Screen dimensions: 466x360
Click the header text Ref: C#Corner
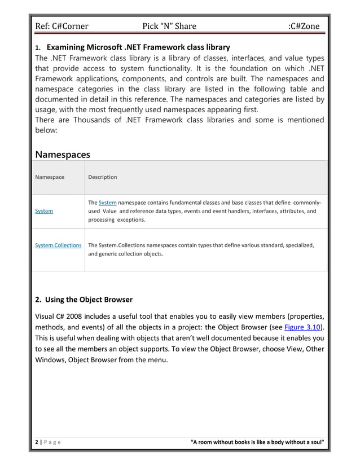pos(62,27)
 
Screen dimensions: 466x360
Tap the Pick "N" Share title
pos(169,27)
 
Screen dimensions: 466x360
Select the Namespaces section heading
pos(63,154)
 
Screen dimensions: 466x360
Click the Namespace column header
pos(50,177)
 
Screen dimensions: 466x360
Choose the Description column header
pos(103,177)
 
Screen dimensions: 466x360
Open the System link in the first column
pos(44,211)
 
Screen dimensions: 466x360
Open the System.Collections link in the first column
pos(58,245)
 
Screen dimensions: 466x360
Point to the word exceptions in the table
pos(131,219)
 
